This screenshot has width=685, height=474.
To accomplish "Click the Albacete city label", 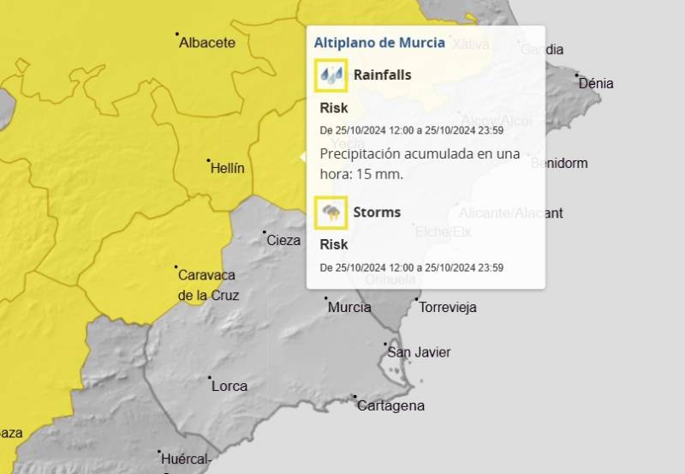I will (x=206, y=43).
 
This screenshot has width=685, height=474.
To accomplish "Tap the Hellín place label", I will (x=227, y=169).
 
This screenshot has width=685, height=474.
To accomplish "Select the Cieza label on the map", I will (x=283, y=241).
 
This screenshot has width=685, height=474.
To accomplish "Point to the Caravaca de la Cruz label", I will (x=207, y=285).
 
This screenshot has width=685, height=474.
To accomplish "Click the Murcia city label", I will (x=348, y=307).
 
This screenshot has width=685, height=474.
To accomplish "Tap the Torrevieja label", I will (x=448, y=308).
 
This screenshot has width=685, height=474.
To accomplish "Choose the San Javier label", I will (x=419, y=352).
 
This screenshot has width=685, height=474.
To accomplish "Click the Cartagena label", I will (x=390, y=405).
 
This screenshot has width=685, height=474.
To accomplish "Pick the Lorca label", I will (x=229, y=386).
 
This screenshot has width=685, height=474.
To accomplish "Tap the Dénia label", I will (x=596, y=84).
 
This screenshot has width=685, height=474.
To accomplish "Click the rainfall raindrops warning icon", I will (x=331, y=75).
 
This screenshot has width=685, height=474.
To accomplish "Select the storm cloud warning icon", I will (x=331, y=213).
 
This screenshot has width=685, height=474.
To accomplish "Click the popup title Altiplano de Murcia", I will (x=379, y=42).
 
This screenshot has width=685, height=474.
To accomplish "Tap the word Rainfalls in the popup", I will (x=382, y=75).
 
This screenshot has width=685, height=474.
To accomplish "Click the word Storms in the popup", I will (x=377, y=213).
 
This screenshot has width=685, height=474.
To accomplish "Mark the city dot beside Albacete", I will (x=177, y=34).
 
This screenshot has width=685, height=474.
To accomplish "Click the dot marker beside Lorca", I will (x=210, y=377).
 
